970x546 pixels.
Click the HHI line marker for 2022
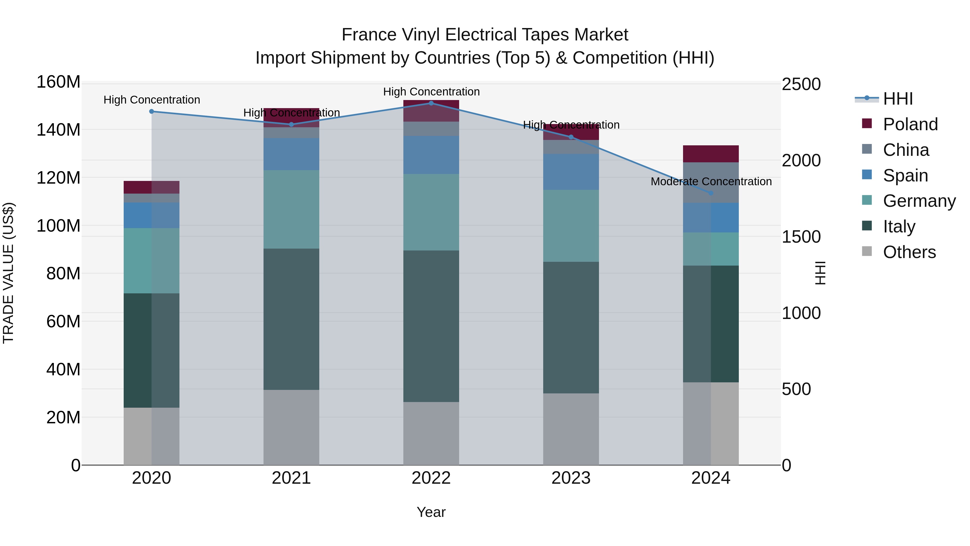(x=431, y=103)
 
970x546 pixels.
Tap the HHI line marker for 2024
(x=711, y=193)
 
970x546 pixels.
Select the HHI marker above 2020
(x=151, y=112)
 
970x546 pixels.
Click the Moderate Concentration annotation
(x=711, y=182)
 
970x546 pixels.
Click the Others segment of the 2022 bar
(x=431, y=433)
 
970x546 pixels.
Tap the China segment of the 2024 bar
(x=711, y=183)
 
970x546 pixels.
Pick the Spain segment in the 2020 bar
(x=151, y=215)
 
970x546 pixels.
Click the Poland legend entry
(x=910, y=124)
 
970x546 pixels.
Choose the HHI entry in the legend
(x=898, y=99)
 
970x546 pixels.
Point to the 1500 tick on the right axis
(x=801, y=237)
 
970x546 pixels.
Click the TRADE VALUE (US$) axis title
(x=8, y=273)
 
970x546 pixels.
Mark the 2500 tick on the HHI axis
(x=801, y=84)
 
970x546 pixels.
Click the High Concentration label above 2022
(x=431, y=92)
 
